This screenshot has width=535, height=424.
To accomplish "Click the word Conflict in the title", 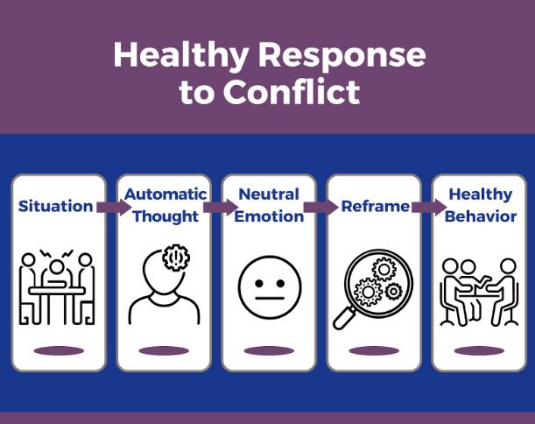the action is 292,91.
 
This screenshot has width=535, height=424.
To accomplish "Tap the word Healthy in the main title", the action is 181,54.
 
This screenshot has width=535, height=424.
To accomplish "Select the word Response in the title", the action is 342,55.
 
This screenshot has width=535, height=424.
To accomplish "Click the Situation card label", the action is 55,206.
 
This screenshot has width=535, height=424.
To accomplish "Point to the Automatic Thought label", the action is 165,205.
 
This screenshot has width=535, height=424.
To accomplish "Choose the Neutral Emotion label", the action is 269,205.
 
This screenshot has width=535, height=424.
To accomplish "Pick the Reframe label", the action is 376,206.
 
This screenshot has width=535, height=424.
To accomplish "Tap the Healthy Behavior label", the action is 481,205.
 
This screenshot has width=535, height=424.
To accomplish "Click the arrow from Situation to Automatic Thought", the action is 114,207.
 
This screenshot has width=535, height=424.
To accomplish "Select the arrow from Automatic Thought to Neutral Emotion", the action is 221,207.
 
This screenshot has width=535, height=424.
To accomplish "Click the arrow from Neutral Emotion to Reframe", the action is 320,207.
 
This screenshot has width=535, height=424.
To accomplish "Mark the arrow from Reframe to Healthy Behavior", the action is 429,207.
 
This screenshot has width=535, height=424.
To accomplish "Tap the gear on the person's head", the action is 176,258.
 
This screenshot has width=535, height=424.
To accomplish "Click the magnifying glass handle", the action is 344,318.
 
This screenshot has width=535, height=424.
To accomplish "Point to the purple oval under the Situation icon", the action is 59,350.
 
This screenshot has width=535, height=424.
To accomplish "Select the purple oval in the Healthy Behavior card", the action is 479,350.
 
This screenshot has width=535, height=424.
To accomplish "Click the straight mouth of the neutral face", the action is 270,299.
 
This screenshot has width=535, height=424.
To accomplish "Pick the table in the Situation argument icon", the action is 57,291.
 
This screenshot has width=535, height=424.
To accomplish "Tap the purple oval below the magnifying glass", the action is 374,350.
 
